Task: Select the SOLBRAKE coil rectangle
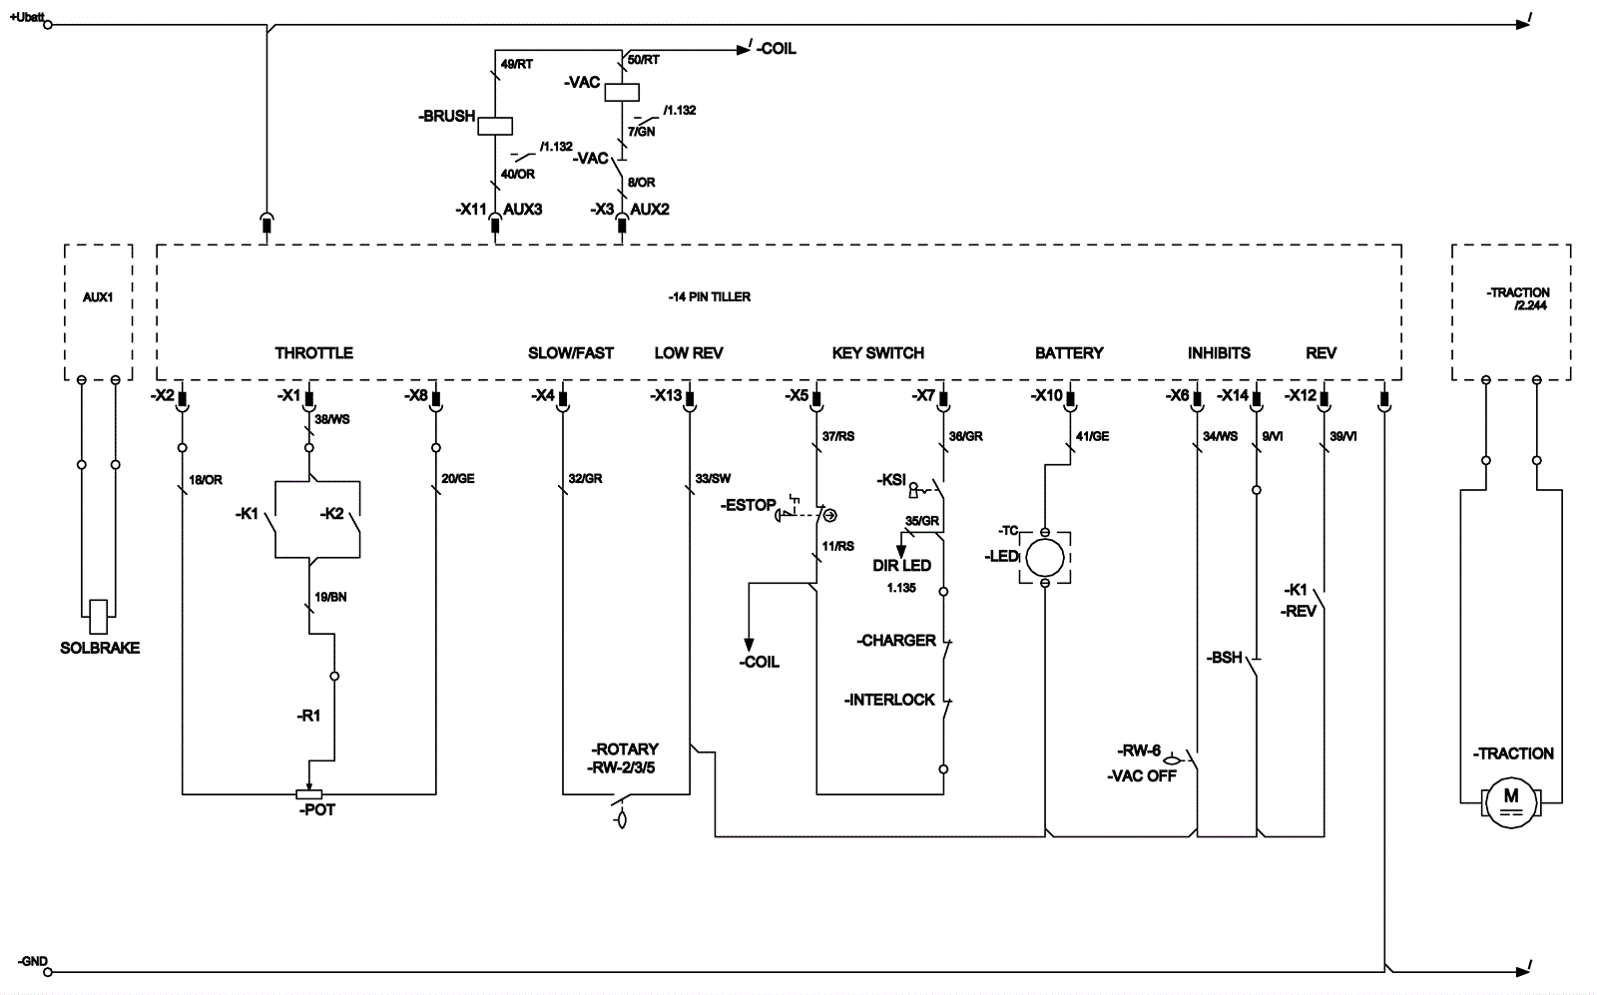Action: click(98, 617)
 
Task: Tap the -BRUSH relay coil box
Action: click(495, 126)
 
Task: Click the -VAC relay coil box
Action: click(622, 91)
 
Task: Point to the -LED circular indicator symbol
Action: click(1045, 556)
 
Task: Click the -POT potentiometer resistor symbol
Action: click(309, 794)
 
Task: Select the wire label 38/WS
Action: click(332, 419)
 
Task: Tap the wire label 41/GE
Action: click(1092, 436)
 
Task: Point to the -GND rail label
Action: click(32, 961)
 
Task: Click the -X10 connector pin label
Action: click(1047, 395)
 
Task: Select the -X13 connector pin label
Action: click(666, 395)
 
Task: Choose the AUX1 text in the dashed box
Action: click(98, 297)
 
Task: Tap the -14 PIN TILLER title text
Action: click(710, 296)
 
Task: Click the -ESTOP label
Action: click(749, 505)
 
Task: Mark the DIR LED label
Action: click(901, 565)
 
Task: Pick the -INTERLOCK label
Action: click(889, 700)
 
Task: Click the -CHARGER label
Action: click(896, 640)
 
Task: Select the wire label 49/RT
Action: click(517, 64)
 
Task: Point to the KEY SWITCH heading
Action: click(877, 352)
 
